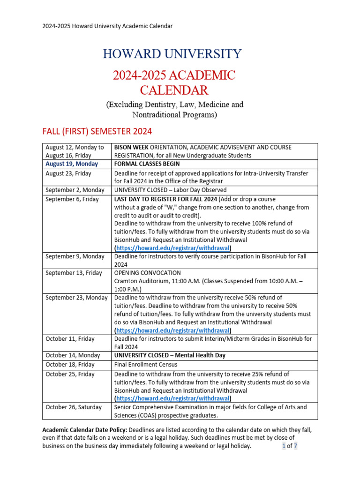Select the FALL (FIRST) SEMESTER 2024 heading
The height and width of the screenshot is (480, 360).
97,131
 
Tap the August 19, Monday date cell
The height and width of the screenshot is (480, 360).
72,164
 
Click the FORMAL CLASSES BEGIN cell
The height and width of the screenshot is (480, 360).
147,164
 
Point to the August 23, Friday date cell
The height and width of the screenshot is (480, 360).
68,173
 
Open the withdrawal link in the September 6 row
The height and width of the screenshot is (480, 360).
173,247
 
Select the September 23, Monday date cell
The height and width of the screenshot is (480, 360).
76,298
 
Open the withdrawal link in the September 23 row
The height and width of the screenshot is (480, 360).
173,330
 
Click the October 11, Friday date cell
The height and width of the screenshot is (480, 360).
70,338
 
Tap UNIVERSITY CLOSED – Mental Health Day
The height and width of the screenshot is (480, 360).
170,355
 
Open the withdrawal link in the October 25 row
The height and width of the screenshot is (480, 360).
173,398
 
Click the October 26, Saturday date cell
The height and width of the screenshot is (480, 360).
73,407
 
